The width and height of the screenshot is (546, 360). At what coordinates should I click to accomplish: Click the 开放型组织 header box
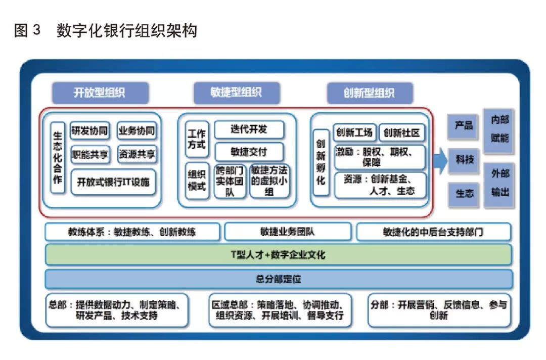pyautogui.click(x=100, y=93)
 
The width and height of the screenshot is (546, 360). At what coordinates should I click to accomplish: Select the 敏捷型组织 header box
pyautogui.click(x=236, y=93)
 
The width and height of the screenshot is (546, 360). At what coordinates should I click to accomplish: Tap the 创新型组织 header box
pyautogui.click(x=370, y=93)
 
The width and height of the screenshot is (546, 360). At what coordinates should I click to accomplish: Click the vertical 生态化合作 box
pyautogui.click(x=58, y=159)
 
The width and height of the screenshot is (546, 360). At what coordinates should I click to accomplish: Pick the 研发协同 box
pyautogui.click(x=89, y=131)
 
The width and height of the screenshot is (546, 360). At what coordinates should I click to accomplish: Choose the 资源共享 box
pyautogui.click(x=137, y=154)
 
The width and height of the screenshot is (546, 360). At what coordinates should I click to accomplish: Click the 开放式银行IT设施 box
pyautogui.click(x=113, y=182)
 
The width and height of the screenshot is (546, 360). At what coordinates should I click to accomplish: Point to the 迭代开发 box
pyautogui.click(x=249, y=129)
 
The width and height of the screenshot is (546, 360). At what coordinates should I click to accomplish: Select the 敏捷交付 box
pyautogui.click(x=249, y=152)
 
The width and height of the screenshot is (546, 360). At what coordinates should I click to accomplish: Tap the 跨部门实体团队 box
pyautogui.click(x=230, y=181)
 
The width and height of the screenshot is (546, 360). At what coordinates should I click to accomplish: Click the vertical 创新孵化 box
pyautogui.click(x=321, y=161)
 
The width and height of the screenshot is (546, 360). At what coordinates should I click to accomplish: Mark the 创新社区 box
pyautogui.click(x=402, y=133)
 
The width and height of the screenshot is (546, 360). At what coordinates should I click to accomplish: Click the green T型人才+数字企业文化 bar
pyautogui.click(x=278, y=255)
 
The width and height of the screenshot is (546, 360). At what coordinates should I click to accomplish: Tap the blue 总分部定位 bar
pyautogui.click(x=278, y=279)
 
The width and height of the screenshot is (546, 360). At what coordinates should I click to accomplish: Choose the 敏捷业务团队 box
pyautogui.click(x=287, y=232)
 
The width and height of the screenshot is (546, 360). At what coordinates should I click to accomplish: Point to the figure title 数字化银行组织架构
pyautogui.click(x=126, y=31)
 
